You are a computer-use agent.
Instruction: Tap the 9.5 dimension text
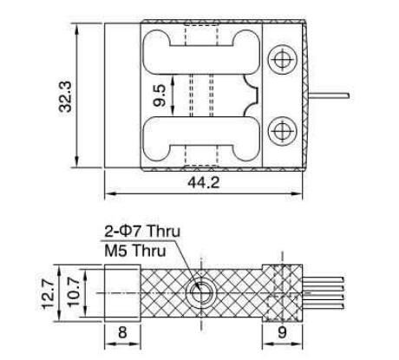(160, 93)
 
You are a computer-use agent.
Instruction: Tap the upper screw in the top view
(280, 58)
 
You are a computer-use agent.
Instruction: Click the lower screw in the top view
(280, 131)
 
